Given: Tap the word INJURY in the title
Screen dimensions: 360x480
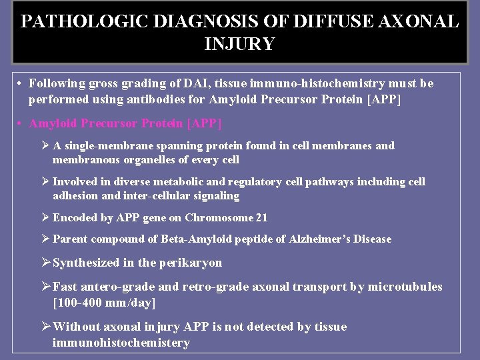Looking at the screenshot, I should point(240,44).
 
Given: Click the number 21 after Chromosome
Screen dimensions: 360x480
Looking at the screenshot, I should point(261,217).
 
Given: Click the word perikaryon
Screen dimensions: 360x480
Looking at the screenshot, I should point(191,263).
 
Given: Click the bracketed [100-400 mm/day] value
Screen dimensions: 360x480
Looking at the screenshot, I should point(105,303).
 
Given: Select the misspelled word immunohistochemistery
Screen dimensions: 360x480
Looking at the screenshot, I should point(121,343).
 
